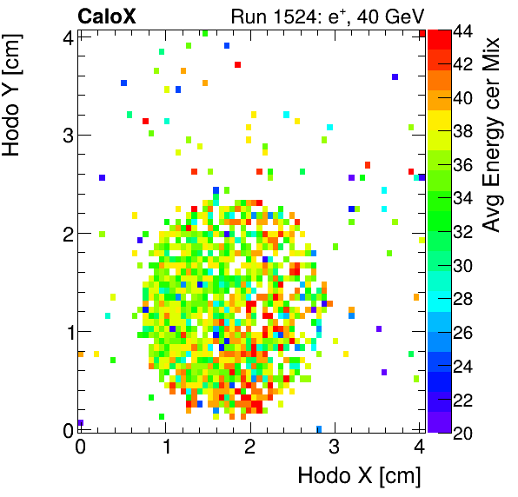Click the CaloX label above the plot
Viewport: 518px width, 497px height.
107,16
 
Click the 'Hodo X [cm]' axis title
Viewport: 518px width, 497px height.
359,476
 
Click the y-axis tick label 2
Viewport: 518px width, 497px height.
67,233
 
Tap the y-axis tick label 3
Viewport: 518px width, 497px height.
67,135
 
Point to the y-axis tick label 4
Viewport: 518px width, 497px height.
67,36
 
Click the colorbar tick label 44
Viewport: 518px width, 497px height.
463,31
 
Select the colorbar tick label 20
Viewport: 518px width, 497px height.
463,432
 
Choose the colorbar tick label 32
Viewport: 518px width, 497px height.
463,231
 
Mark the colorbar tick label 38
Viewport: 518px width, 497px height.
463,131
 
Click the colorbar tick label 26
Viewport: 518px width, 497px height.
463,332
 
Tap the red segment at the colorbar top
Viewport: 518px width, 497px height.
439,39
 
